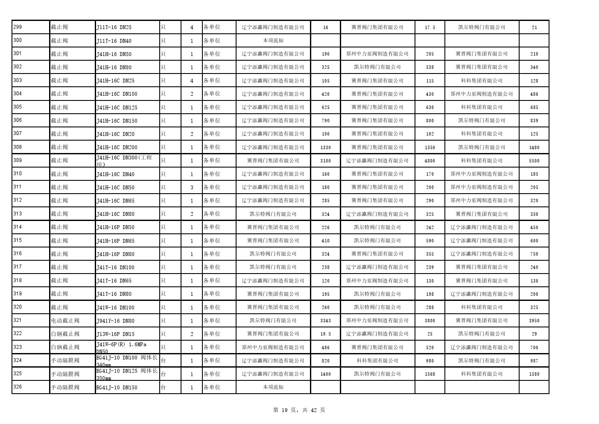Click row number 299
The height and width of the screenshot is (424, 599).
coord(18,27)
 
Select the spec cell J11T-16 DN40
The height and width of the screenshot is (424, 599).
coord(114,41)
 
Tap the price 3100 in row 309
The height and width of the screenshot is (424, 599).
coord(325,161)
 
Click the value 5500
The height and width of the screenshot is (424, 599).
coord(534,161)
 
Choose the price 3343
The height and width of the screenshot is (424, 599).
coord(325,321)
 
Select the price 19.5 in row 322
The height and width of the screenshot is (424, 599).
coord(325,334)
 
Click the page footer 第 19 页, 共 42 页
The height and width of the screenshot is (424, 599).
coord(299,410)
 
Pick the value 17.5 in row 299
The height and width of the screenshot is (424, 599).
coord(430,27)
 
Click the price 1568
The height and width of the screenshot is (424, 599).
coord(430,374)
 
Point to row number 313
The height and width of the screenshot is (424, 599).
coord(18,214)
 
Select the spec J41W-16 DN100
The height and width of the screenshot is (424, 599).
coord(115,308)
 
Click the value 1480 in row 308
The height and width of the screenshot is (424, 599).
coord(534,147)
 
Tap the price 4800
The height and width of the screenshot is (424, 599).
coord(430,161)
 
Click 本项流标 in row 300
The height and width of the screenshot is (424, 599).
coord(273,41)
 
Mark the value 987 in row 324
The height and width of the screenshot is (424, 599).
coord(534,361)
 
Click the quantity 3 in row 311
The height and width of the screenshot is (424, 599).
coord(192,187)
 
